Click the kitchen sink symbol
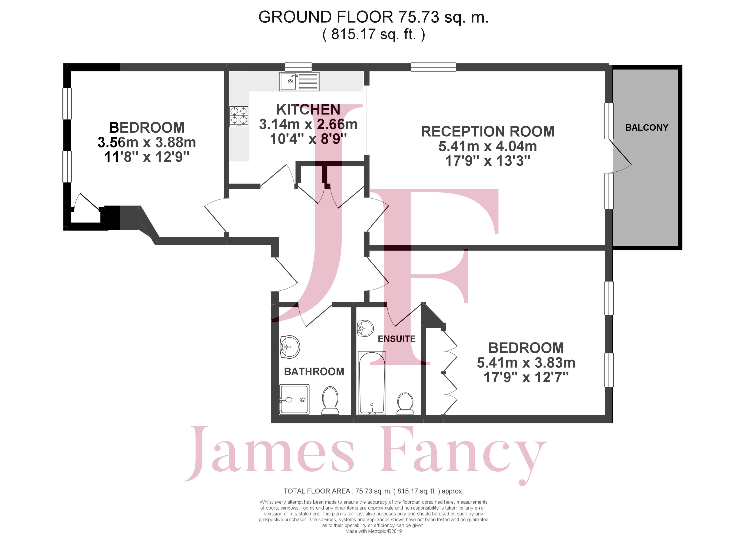click(299, 81)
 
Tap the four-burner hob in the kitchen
click(239, 117)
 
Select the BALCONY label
click(647, 127)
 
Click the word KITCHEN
click(308, 109)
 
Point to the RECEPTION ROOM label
click(487, 132)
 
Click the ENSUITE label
click(397, 339)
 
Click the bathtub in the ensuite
click(372, 383)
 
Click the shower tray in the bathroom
click(294, 399)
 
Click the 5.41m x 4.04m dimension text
click(487, 146)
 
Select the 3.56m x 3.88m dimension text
click(147, 142)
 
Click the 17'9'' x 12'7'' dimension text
click(526, 377)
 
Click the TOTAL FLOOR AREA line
click(373, 491)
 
